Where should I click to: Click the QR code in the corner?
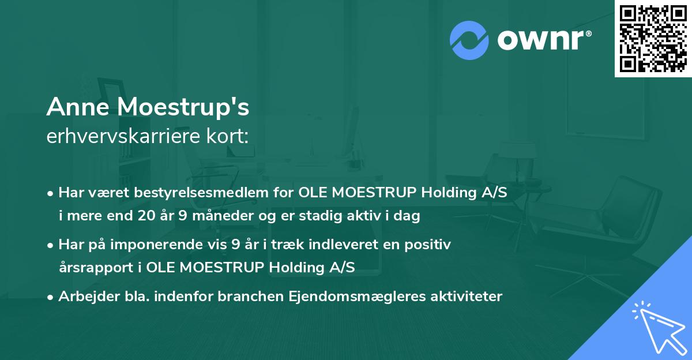[653, 38]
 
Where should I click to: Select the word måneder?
[209, 216]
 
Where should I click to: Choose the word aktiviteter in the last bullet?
[466, 297]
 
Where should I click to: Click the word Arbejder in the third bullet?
[84, 297]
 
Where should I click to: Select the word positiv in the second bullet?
[430, 245]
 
